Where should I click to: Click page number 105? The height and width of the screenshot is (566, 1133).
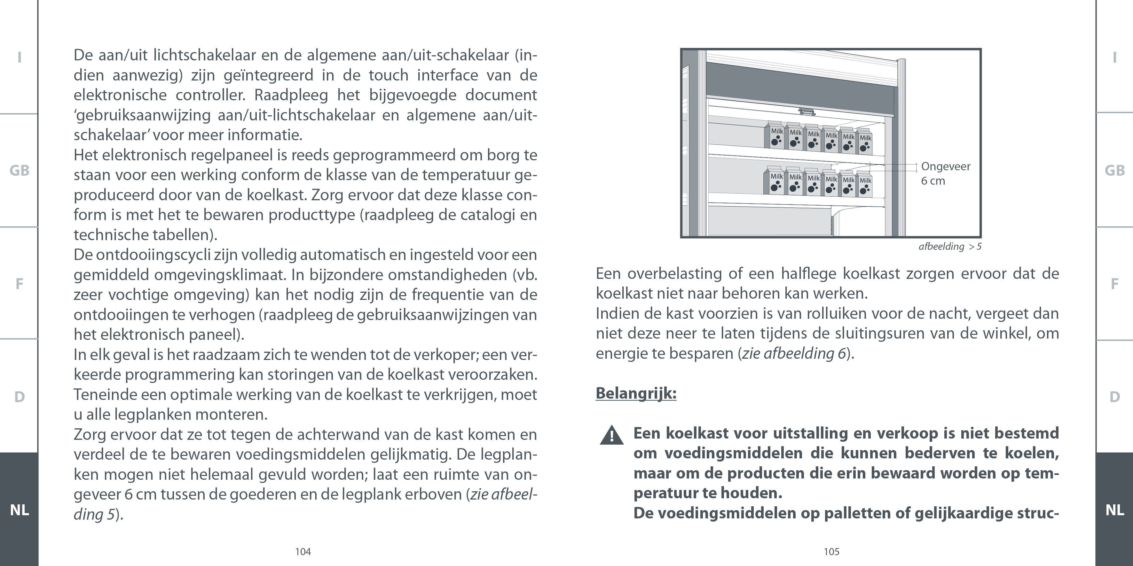tap(831, 552)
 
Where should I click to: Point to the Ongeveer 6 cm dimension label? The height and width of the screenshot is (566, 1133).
tap(945, 173)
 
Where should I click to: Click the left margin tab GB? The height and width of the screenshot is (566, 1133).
tap(20, 171)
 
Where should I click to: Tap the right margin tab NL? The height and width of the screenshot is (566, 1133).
tap(1114, 510)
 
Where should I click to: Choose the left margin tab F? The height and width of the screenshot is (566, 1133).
tap(20, 284)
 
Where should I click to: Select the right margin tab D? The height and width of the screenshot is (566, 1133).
tap(1114, 397)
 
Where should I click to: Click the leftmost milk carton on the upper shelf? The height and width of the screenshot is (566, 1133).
tap(777, 136)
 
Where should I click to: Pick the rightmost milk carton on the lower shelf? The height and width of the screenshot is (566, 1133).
tap(865, 185)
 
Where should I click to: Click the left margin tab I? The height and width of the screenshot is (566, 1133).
tap(20, 57)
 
